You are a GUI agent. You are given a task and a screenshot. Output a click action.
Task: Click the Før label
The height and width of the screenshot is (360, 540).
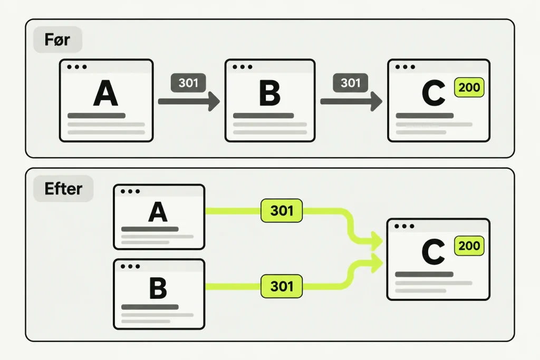[x=57, y=40]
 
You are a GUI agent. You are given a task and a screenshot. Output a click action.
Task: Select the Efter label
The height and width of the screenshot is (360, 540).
[x=63, y=189]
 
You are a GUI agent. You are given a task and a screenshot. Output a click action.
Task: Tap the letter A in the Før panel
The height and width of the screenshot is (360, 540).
[x=105, y=93]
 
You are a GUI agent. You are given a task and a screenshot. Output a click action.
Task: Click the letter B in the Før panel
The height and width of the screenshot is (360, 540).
[x=269, y=93]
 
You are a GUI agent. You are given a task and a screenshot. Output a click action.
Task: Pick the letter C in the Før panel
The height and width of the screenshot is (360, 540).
[x=433, y=93]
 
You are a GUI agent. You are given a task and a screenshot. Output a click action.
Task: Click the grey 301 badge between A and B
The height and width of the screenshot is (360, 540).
[x=188, y=83]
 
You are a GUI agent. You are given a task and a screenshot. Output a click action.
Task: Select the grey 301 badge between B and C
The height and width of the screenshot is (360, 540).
[x=351, y=83]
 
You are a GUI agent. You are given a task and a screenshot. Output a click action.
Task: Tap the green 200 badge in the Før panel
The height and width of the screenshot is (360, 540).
[x=469, y=87]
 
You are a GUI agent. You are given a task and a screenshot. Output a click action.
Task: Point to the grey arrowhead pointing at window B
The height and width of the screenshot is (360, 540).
[x=214, y=101]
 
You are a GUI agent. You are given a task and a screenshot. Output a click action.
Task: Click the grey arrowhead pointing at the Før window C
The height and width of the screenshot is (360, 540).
[x=376, y=101]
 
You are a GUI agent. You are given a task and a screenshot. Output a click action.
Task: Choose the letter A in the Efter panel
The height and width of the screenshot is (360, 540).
[x=158, y=212]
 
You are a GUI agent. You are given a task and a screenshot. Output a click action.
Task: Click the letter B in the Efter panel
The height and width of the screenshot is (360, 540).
[x=158, y=288]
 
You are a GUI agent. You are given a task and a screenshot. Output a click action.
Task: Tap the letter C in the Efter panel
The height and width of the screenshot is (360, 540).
[x=433, y=252]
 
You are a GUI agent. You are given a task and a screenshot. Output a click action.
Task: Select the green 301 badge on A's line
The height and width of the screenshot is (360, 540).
[x=282, y=211]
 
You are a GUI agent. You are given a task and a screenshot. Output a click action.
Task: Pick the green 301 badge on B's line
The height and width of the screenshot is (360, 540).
[x=282, y=286]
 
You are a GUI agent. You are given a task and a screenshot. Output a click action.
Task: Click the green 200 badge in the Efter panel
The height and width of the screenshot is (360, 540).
[x=469, y=246]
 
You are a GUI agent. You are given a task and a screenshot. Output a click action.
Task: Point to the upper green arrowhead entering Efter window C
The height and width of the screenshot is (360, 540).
[x=377, y=241]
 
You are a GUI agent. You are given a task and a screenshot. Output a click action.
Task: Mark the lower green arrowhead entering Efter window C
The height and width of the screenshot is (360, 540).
[x=377, y=264]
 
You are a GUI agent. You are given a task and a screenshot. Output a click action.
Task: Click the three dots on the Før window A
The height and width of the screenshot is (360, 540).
[x=77, y=67]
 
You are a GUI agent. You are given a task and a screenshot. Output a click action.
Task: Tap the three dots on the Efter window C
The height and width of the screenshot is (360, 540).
[x=404, y=226]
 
